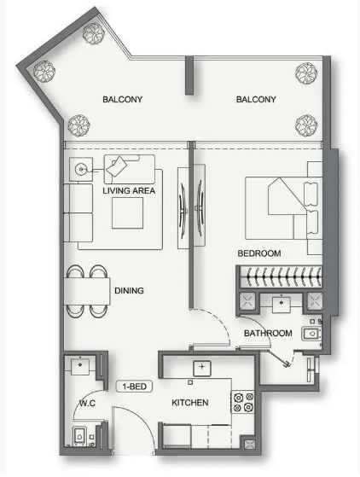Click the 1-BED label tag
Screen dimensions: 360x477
point(134,387)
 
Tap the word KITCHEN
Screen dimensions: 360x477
point(190,403)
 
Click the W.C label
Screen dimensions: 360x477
point(87,404)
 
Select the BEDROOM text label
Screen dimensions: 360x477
point(259,253)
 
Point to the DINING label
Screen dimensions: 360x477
point(129,290)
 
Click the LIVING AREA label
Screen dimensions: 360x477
point(129,191)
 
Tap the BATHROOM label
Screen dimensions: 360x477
point(268,334)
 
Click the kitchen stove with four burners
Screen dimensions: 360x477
point(243,402)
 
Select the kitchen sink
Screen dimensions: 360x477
point(202,368)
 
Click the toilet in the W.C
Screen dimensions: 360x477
point(79,436)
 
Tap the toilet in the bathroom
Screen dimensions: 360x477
point(311,334)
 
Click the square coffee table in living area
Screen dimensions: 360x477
point(127,213)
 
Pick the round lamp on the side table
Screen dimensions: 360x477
point(80,169)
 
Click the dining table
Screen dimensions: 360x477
point(87,291)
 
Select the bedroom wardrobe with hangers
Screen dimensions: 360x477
point(280,276)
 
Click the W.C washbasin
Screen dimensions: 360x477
point(80,367)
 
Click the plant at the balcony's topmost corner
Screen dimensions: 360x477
point(94,34)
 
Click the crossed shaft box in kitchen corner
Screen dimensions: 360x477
point(249,445)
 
